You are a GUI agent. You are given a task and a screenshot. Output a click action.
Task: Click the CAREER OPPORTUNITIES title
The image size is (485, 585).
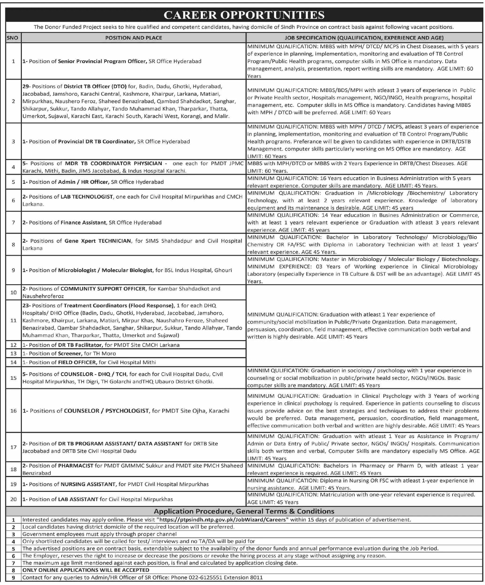coord(244,15)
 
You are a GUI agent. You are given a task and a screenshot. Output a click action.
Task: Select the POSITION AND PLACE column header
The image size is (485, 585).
coord(134,38)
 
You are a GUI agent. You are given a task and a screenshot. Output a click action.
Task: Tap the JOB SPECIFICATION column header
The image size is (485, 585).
coord(364,38)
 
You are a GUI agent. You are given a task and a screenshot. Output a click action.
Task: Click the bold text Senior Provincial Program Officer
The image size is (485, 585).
coord(102,61)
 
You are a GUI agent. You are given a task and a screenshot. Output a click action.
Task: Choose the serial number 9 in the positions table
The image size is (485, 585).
coord(13,270)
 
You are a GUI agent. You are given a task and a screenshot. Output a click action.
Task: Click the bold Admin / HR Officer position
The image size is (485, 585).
coord(83,182)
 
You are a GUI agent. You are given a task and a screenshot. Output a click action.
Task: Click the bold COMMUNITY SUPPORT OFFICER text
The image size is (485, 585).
coord(103,289)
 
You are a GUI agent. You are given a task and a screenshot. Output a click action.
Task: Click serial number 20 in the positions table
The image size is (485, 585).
coord(13,499)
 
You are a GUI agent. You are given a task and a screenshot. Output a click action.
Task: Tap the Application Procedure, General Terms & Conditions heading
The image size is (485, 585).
coord(244,511)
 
